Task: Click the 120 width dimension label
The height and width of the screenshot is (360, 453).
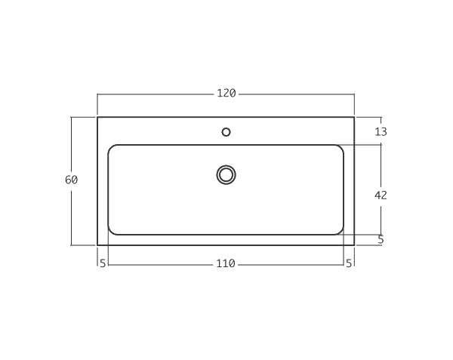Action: [x=226, y=94]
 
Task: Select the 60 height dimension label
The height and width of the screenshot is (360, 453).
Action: [x=72, y=180]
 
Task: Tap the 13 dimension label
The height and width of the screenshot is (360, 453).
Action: [x=381, y=131]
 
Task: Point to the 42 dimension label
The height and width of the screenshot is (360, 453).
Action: [x=381, y=195]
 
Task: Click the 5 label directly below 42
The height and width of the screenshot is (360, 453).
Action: [x=381, y=240]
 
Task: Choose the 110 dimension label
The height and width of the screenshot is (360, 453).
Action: [x=226, y=263]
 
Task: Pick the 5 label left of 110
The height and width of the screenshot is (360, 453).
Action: [x=103, y=263]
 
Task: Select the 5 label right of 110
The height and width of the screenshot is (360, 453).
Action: [x=349, y=263]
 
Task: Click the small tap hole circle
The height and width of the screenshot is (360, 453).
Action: [x=226, y=132]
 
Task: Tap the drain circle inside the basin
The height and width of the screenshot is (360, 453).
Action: [x=226, y=175]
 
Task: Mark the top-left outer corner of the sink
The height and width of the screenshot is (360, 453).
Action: [x=97, y=117]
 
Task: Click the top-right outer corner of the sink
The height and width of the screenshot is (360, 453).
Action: [x=354, y=117]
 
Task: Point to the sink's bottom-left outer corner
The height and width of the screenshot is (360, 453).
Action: [x=97, y=245]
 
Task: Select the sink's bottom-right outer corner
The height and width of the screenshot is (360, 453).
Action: [x=354, y=245]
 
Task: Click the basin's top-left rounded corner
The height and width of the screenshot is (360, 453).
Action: [x=111, y=147]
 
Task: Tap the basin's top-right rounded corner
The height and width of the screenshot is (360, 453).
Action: [x=341, y=147]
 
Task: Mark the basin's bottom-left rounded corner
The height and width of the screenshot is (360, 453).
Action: [x=111, y=232]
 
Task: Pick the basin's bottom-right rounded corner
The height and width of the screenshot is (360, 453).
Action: [x=341, y=232]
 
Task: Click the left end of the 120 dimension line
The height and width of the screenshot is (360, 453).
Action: [x=97, y=94]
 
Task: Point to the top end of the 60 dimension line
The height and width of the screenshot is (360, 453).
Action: [x=72, y=117]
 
